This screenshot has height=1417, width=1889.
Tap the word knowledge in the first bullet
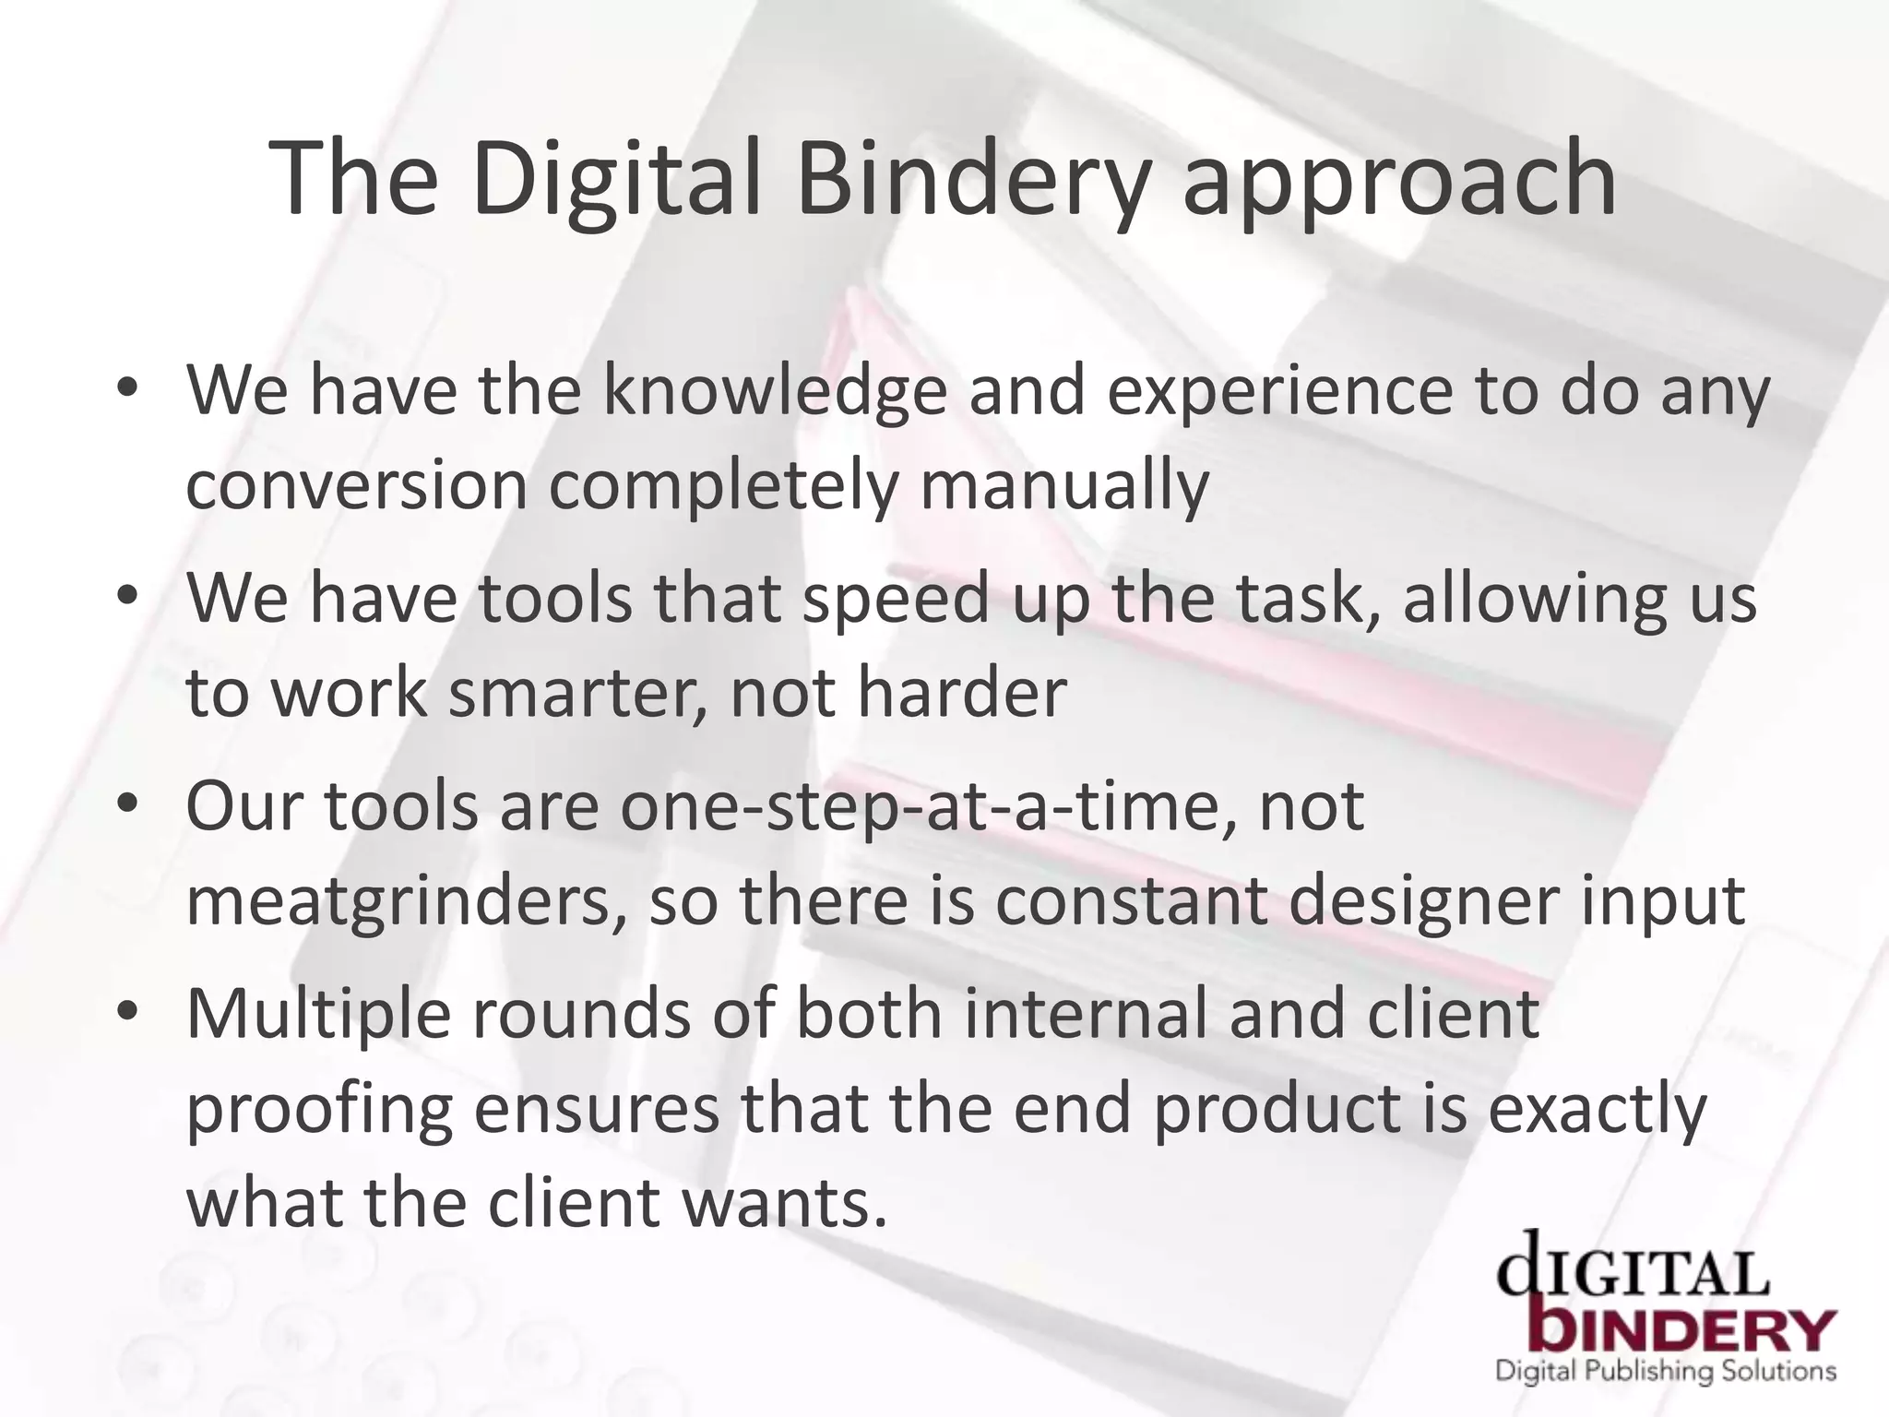pos(775,391)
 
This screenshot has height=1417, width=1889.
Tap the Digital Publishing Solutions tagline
pos(1665,1371)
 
